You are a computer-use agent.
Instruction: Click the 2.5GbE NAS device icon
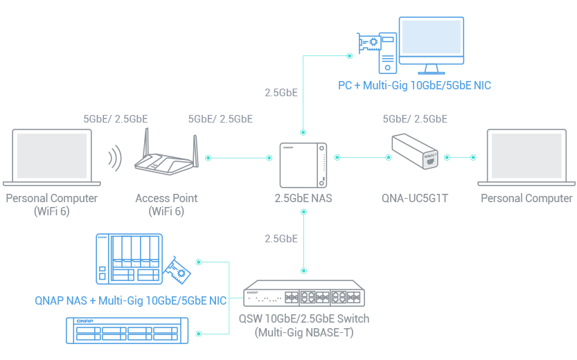pos(303,164)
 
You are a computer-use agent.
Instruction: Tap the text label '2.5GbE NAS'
pos(303,199)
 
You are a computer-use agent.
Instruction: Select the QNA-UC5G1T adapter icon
pos(415,152)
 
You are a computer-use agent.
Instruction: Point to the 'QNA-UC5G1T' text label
pos(415,199)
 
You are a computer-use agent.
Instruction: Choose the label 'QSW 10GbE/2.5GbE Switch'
pos(303,318)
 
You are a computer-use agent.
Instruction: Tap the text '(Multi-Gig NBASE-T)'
pos(303,332)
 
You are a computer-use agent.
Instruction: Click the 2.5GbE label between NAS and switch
pos(281,239)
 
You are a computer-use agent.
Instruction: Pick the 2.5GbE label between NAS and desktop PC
pos(281,92)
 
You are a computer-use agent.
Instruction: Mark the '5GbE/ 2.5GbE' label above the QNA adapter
pos(415,119)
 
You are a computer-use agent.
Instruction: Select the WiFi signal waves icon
pos(114,159)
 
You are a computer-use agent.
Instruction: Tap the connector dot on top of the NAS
pos(303,131)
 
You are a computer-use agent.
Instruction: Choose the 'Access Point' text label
pos(166,199)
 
